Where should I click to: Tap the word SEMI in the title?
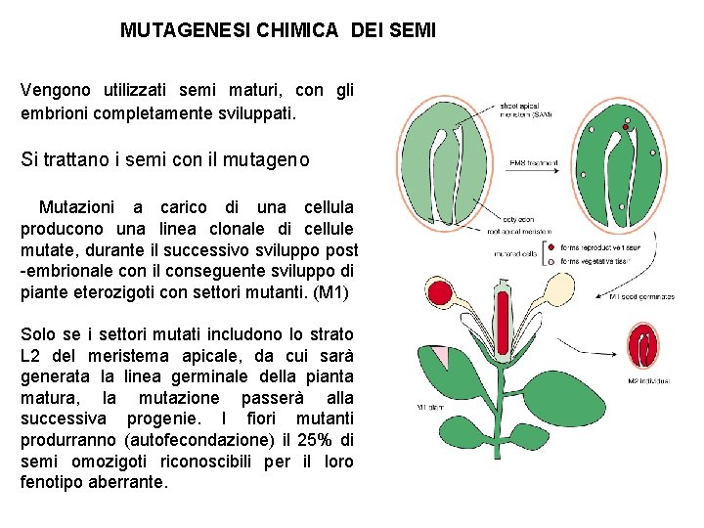(407, 30)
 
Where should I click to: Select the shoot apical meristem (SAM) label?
(526, 110)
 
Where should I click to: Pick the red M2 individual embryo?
(646, 347)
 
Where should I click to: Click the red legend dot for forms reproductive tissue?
(552, 247)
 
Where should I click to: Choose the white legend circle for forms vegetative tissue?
(552, 261)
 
